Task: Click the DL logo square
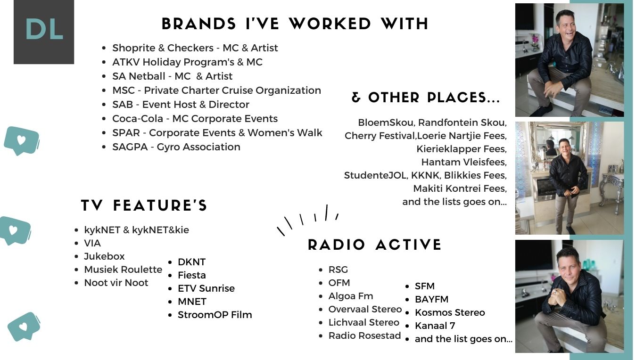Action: (x=44, y=32)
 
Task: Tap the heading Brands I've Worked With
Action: (x=295, y=24)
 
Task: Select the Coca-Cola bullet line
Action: (x=195, y=119)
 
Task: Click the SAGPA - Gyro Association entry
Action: (x=176, y=147)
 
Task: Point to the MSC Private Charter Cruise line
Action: (x=216, y=90)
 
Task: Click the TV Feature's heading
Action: (x=144, y=205)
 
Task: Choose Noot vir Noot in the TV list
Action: (x=116, y=283)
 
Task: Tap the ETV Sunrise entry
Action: (x=206, y=288)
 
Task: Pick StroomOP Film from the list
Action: (x=215, y=315)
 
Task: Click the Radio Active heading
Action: (x=374, y=245)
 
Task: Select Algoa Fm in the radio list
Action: (x=351, y=296)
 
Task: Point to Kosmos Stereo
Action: (x=450, y=312)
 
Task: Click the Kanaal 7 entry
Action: (x=435, y=326)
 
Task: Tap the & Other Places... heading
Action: (x=426, y=98)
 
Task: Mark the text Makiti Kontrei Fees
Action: (x=459, y=188)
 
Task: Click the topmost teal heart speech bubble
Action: (x=22, y=141)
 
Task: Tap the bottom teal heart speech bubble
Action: (x=24, y=327)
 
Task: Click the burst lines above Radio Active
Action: (x=308, y=220)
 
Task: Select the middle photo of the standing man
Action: (x=569, y=178)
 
